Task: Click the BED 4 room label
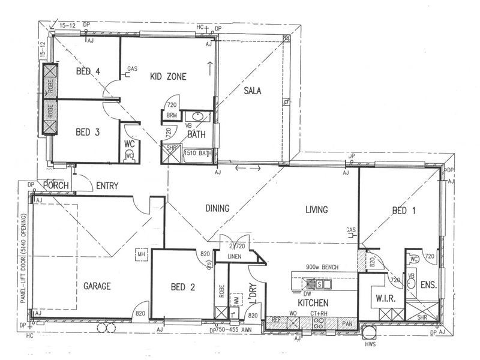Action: [x=88, y=72]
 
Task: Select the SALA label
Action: [x=254, y=91]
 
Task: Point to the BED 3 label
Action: [x=88, y=132]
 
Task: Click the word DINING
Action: [x=218, y=209]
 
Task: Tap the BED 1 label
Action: [x=404, y=211]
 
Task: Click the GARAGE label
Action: [x=97, y=286]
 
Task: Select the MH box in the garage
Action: [x=142, y=254]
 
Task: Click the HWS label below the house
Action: [x=368, y=344]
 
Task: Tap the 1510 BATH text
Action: [x=198, y=154]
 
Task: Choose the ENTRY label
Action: [x=107, y=186]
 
